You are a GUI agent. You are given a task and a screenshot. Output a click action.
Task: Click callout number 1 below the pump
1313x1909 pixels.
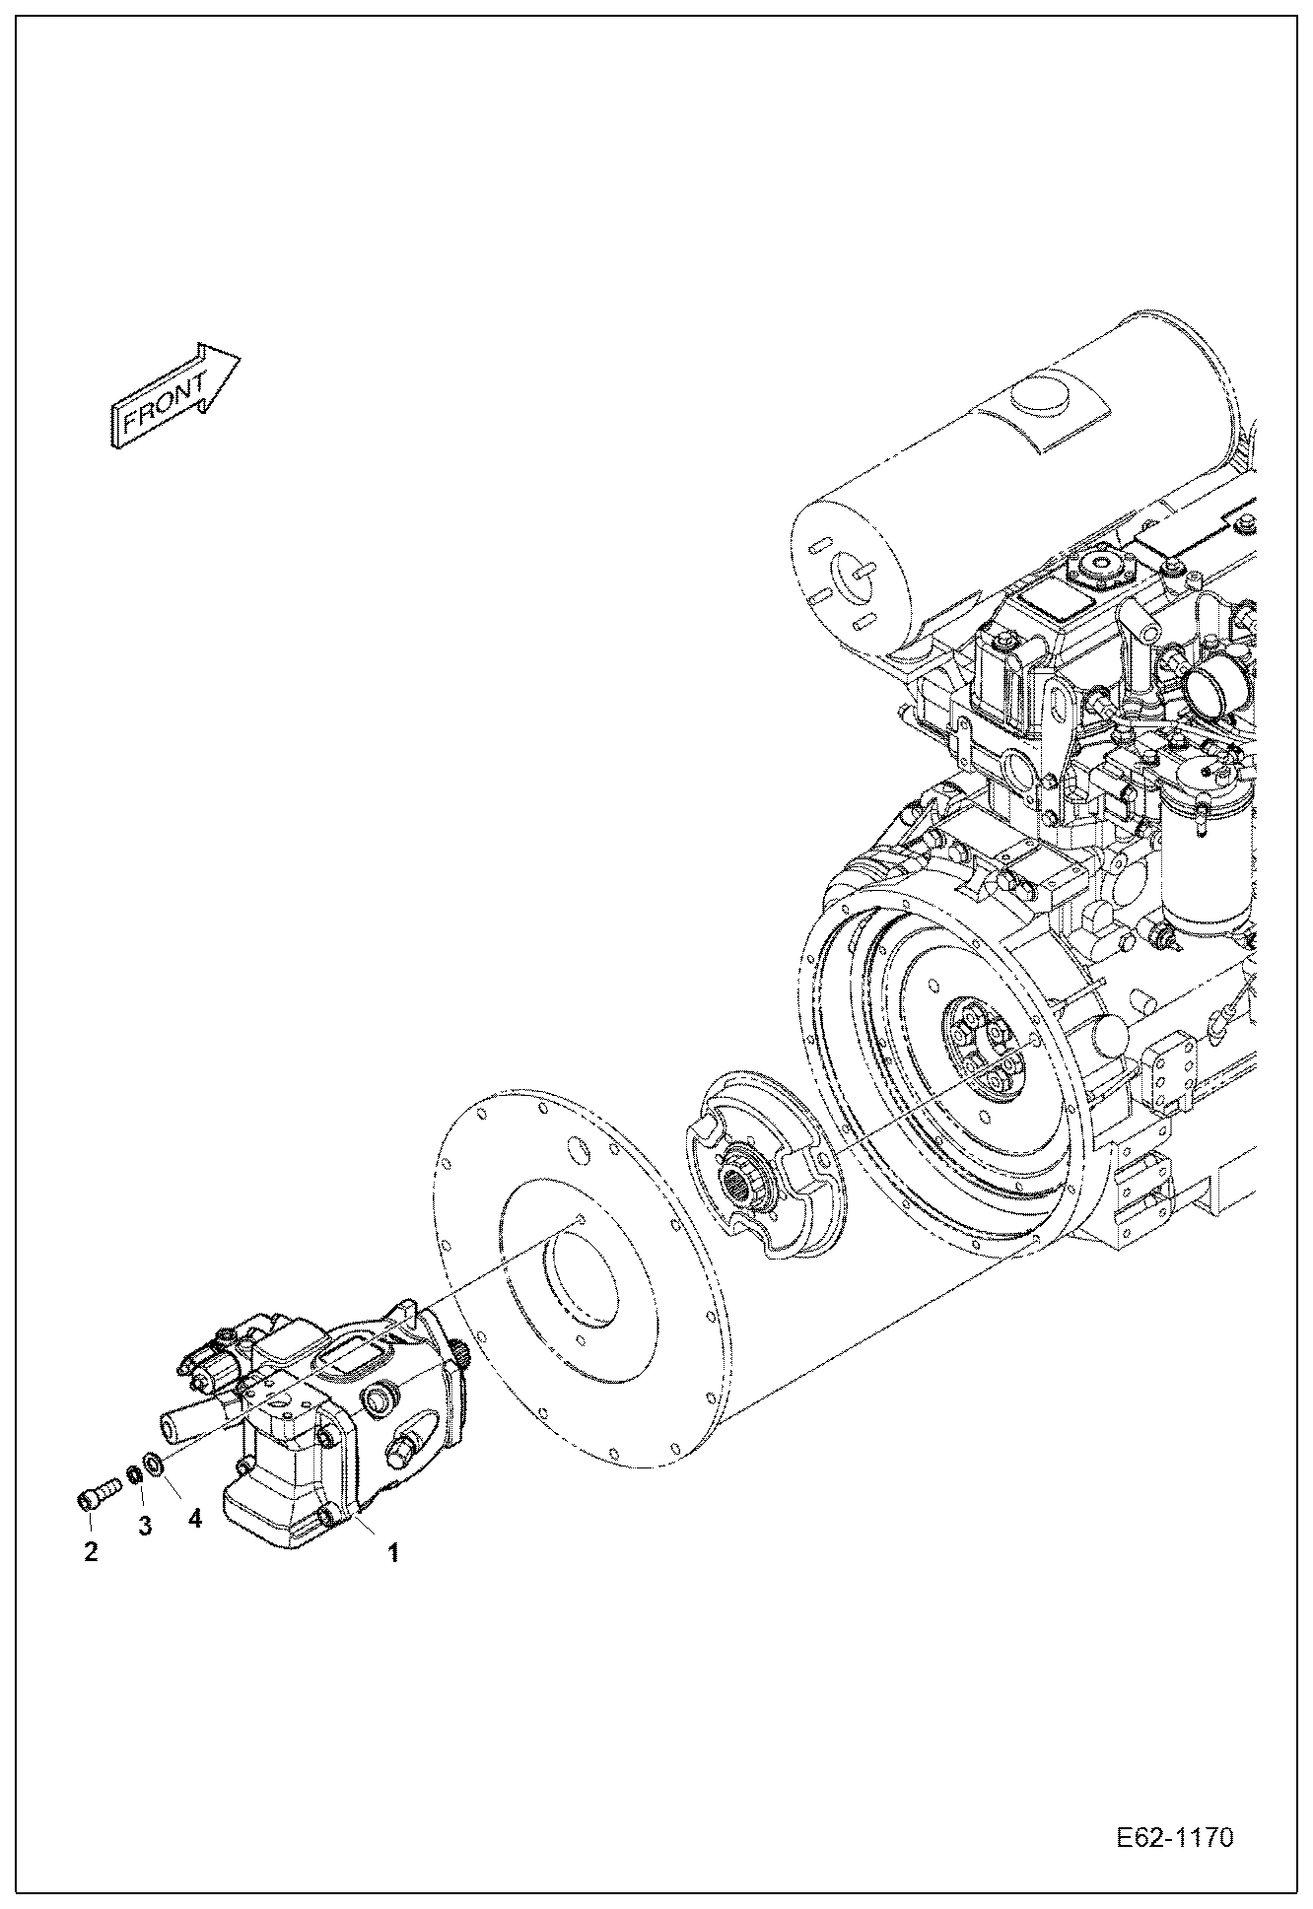pyautogui.click(x=392, y=1554)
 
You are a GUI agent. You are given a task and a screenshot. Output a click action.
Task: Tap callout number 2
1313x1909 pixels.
pyautogui.click(x=91, y=1552)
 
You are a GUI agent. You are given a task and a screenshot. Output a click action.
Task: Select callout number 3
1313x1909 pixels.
pyautogui.click(x=145, y=1528)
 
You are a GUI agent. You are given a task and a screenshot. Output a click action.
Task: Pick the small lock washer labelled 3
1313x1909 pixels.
pyautogui.click(x=133, y=1477)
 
